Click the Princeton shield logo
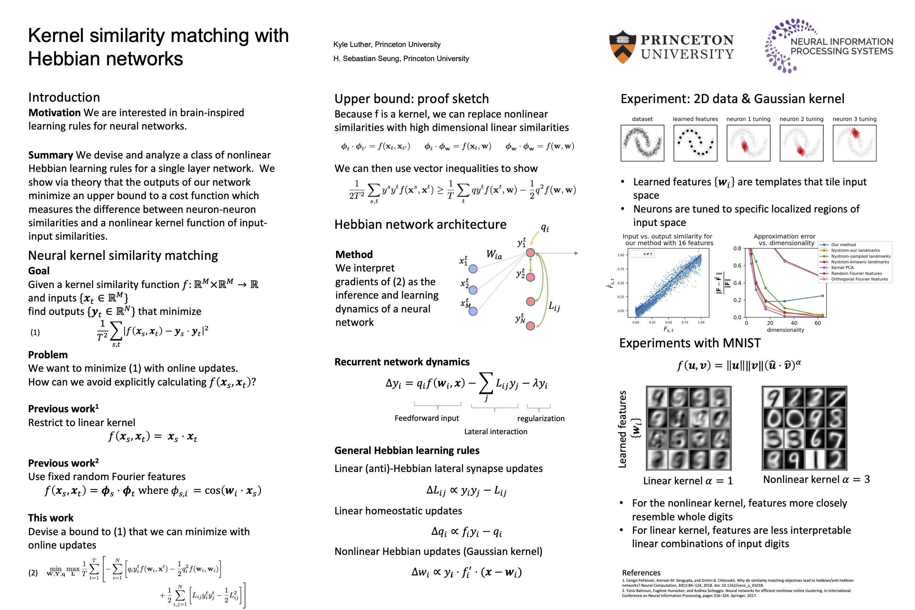(622, 47)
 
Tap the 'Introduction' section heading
(64, 97)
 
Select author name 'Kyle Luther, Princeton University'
(387, 44)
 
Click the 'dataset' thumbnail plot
(642, 143)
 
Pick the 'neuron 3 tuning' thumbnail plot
(854, 143)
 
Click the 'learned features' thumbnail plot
(695, 143)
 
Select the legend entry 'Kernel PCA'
(842, 268)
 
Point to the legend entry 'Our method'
(843, 245)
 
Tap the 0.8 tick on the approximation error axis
(737, 248)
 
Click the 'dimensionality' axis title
(785, 330)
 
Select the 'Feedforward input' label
(427, 418)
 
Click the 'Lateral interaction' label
(496, 431)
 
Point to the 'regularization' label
(541, 419)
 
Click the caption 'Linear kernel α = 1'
(688, 481)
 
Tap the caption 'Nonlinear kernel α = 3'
(816, 479)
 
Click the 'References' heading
(641, 573)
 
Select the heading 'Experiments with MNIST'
(690, 343)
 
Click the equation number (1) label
(35, 332)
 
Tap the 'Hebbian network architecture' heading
(420, 225)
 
